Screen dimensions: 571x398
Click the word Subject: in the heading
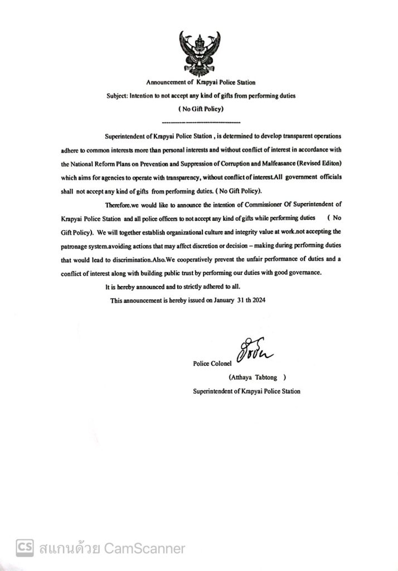pos(117,96)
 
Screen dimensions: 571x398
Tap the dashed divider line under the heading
pos(200,122)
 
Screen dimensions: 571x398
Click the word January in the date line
pos(222,301)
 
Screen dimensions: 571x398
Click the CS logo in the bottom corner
pos(24,548)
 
